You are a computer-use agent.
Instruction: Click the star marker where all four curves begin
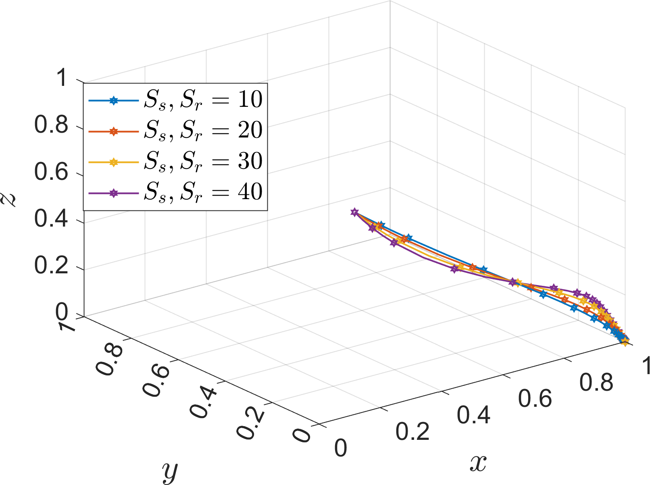pos(354,212)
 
